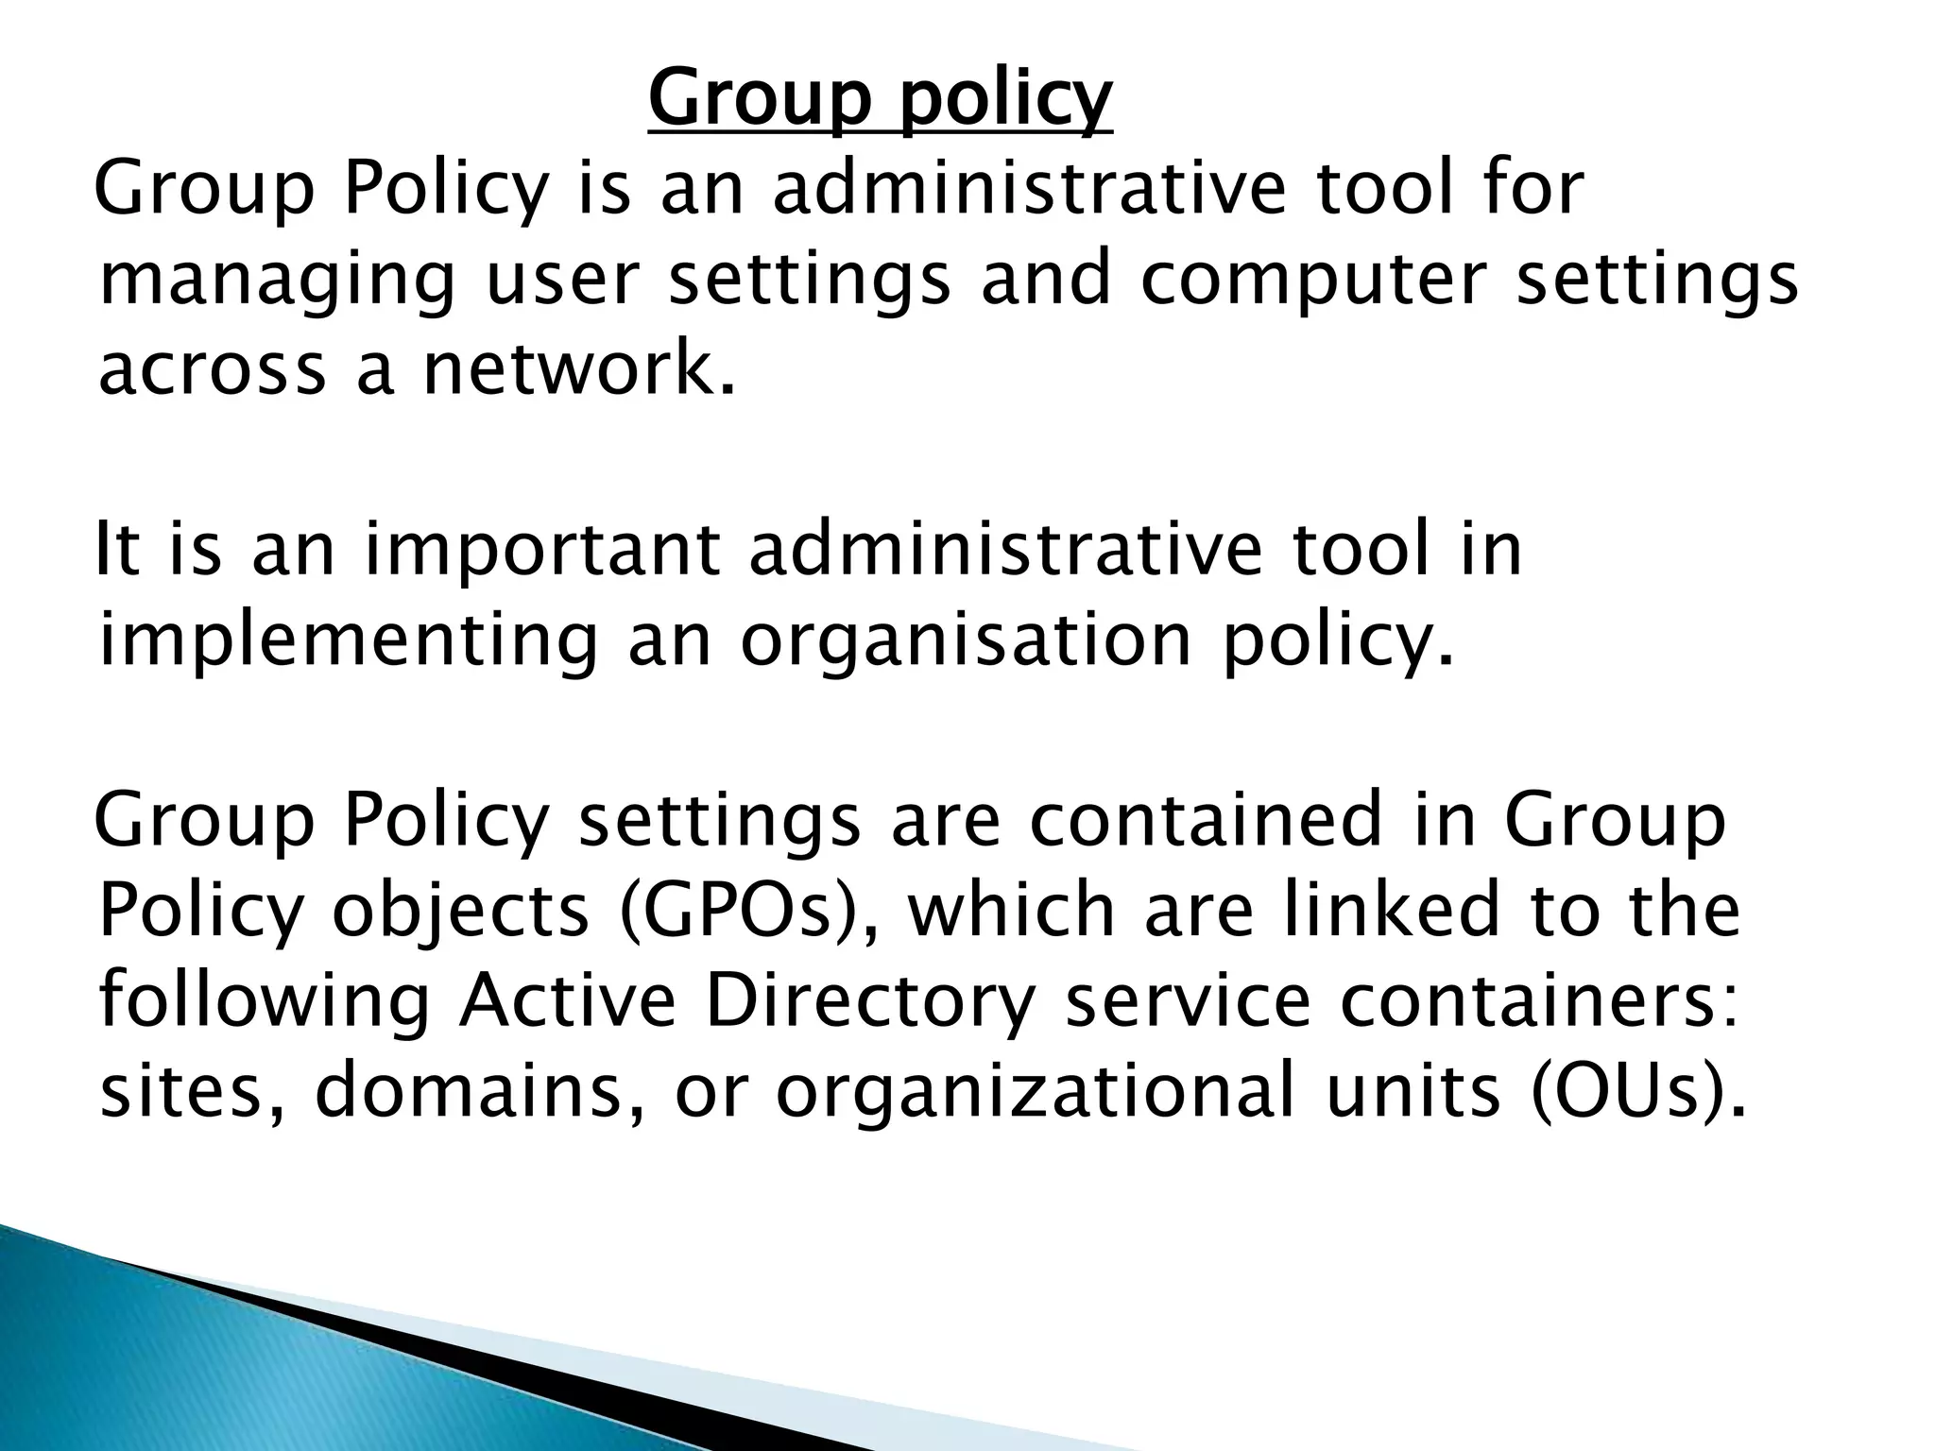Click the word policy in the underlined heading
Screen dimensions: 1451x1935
click(x=1004, y=100)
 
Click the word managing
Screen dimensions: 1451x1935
click(x=276, y=282)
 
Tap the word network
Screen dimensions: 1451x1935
click(x=577, y=368)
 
